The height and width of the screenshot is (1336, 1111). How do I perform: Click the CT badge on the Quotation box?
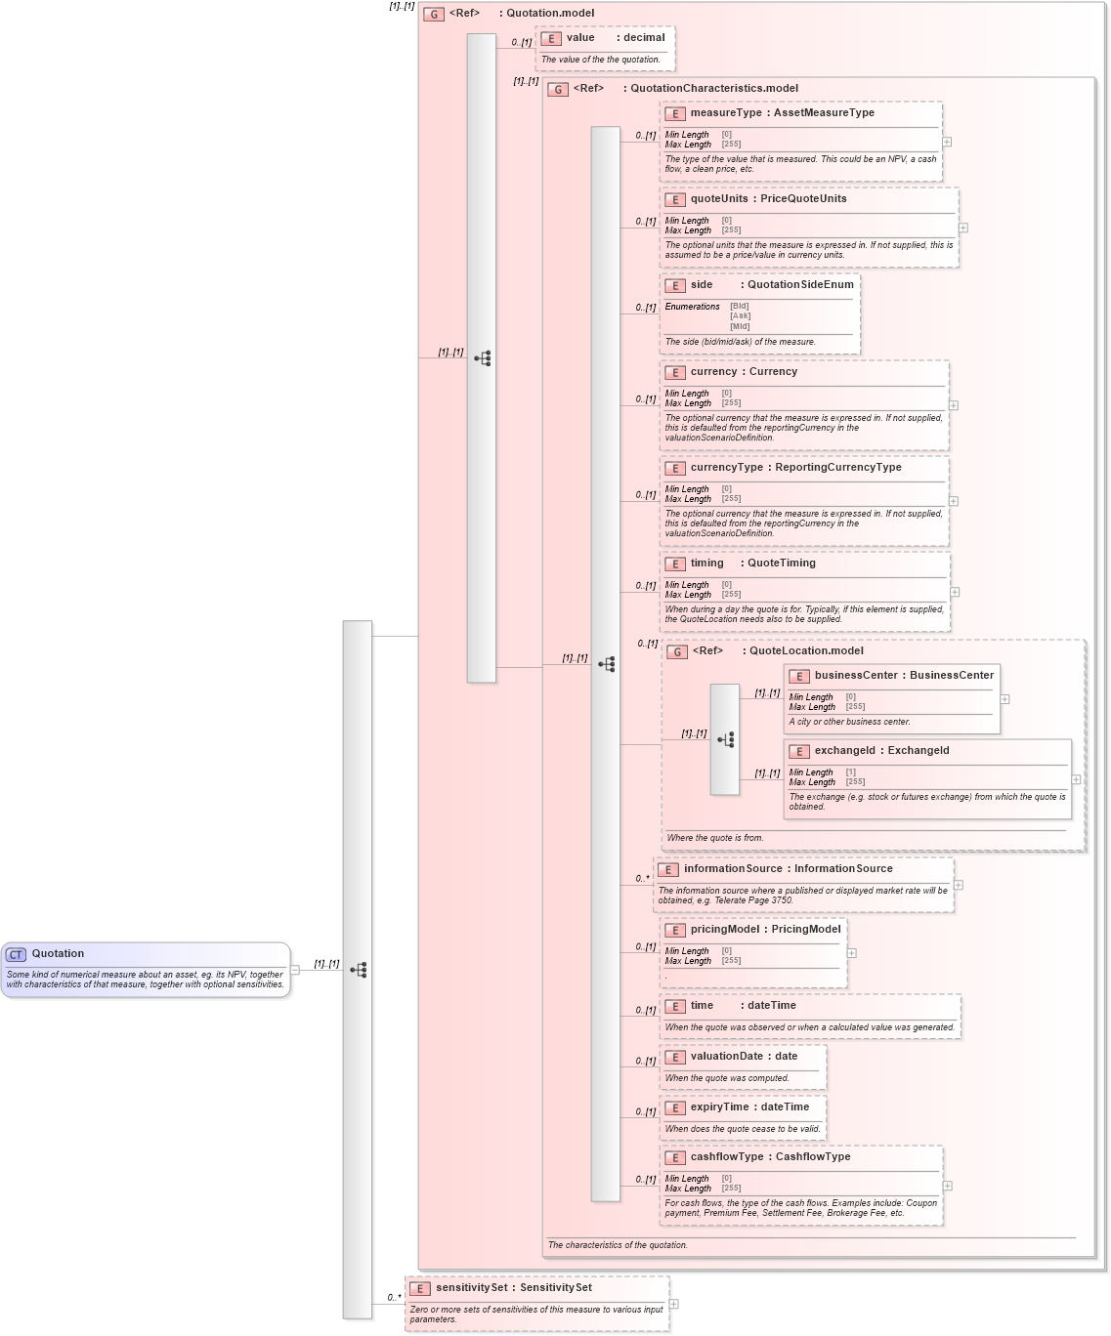tap(16, 954)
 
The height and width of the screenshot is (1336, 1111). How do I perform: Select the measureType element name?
tap(726, 113)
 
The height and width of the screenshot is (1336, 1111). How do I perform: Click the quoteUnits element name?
tap(719, 199)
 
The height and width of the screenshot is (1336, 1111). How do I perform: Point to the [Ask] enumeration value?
tap(740, 316)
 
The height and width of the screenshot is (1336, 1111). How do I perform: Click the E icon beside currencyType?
tap(674, 469)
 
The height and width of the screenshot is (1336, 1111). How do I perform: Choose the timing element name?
tap(706, 564)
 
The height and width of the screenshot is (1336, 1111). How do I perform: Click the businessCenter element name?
tap(856, 676)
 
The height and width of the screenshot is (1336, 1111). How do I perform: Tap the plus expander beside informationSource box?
tap(959, 885)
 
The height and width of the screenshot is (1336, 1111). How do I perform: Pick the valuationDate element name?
tap(726, 1057)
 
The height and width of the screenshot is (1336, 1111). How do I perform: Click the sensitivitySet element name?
tap(471, 1288)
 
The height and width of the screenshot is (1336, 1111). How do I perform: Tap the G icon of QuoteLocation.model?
tap(677, 652)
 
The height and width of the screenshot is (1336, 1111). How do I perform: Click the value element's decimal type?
tap(644, 38)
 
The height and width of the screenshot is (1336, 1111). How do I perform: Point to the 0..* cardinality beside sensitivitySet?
tap(394, 1298)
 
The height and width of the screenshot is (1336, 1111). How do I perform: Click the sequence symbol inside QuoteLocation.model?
tap(725, 739)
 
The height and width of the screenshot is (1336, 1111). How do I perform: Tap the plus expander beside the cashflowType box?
tap(947, 1186)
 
